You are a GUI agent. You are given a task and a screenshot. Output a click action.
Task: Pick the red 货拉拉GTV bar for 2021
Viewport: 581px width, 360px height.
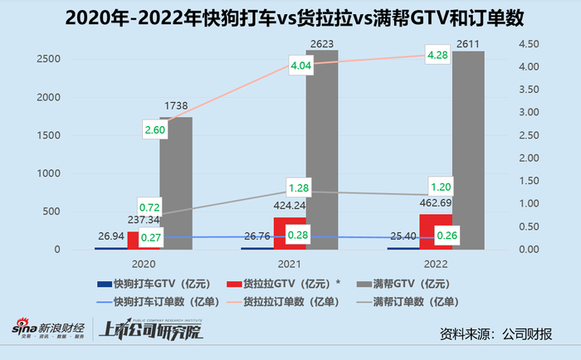pos(290,234)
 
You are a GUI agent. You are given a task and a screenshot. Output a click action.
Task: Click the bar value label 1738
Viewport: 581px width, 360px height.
pos(176,107)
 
